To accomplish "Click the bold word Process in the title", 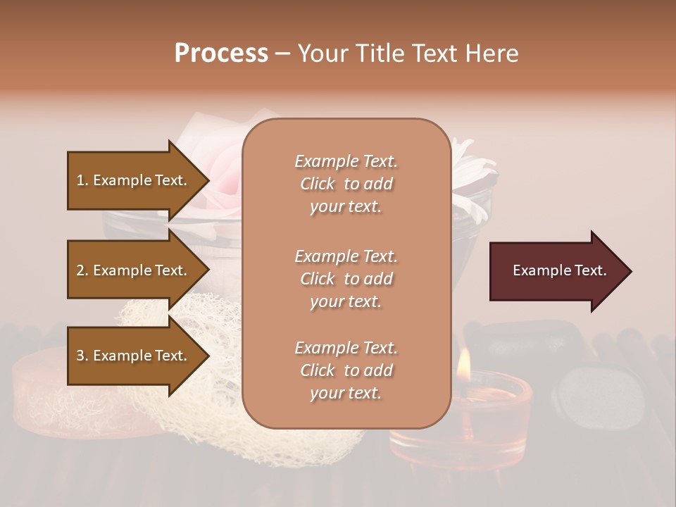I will point(221,54).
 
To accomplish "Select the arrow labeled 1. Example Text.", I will point(134,180).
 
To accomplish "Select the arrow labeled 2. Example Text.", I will point(134,270).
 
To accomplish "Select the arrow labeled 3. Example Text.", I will point(134,356).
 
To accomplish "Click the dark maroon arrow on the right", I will point(556,270).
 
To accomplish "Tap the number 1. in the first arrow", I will point(82,180).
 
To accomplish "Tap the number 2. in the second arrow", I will point(82,270).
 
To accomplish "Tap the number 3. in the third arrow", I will point(82,356).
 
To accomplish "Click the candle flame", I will point(463,363).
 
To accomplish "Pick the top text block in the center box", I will point(346,184).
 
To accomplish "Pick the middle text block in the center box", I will point(346,279).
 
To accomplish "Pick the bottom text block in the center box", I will point(346,370).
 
